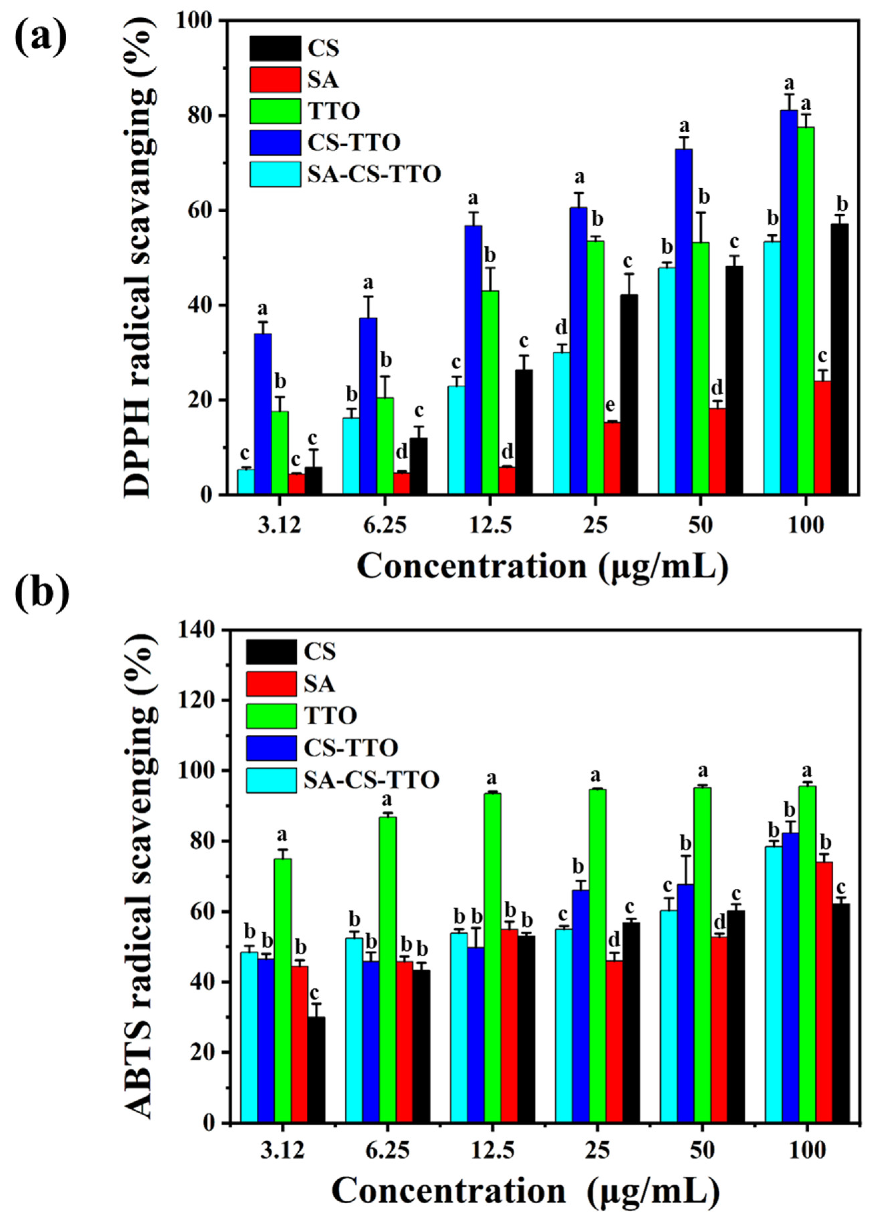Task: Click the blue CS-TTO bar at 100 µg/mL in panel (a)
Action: coord(789,301)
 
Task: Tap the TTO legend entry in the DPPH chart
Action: coord(333,111)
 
